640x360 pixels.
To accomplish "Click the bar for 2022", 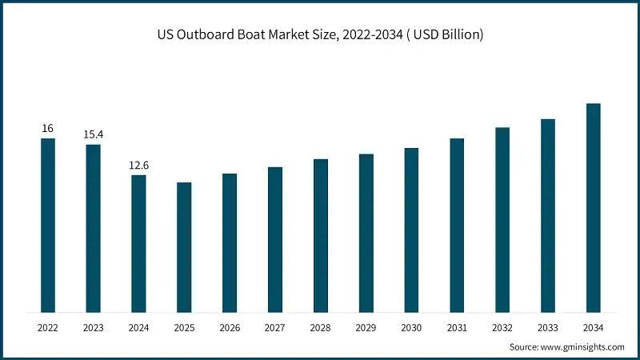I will click(48, 225).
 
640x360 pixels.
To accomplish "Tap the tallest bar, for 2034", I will click(593, 207).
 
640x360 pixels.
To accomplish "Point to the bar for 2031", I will click(457, 225).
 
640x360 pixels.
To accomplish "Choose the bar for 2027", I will click(275, 239).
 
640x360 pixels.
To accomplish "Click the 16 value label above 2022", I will click(48, 128).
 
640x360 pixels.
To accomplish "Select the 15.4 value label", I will click(94, 134).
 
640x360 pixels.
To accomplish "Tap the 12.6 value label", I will click(139, 165).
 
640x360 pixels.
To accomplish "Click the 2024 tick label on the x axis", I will click(139, 327).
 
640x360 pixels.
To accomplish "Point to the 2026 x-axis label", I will click(230, 327).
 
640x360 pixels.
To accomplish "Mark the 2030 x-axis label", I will click(411, 327).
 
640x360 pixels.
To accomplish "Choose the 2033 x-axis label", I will click(547, 327).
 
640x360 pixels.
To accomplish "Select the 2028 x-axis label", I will click(321, 327).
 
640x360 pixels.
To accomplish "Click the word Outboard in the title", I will click(210, 37).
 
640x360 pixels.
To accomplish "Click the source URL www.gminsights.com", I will click(582, 346).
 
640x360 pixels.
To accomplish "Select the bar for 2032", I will click(502, 219).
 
